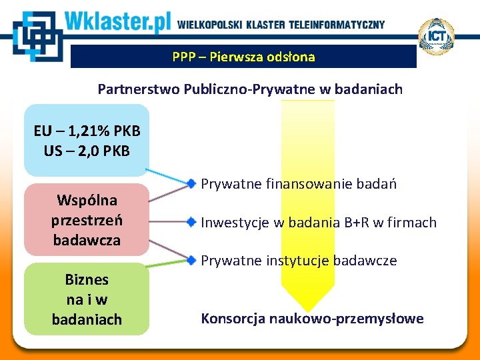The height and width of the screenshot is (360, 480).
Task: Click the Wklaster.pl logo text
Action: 119,23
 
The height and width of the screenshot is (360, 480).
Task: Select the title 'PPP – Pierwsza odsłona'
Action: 243,57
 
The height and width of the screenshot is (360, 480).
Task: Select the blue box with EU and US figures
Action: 87,139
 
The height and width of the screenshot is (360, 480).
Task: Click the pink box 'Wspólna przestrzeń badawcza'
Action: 87,219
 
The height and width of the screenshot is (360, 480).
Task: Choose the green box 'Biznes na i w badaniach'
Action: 87,299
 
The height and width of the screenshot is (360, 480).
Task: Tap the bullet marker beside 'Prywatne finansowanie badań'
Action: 191,183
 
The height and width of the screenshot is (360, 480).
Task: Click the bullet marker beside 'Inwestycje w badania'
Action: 191,221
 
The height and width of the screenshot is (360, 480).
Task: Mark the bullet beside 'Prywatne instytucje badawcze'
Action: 191,259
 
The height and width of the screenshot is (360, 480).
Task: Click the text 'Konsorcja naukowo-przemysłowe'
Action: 312,319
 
